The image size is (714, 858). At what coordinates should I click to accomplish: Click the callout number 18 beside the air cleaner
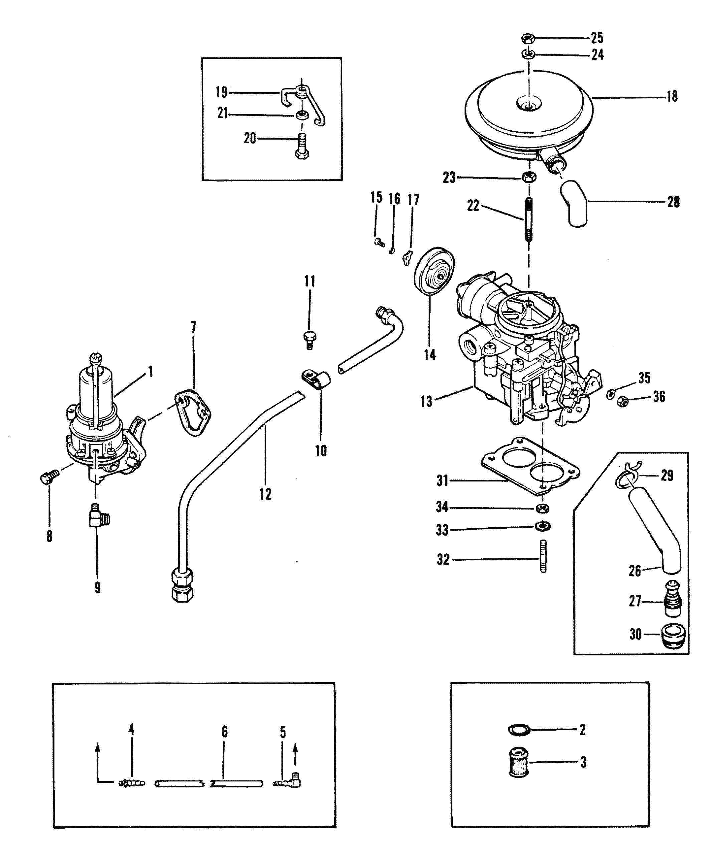pyautogui.click(x=672, y=97)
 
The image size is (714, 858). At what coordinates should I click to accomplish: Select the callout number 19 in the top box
pyautogui.click(x=221, y=92)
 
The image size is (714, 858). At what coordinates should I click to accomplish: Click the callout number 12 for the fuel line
pyautogui.click(x=265, y=494)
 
